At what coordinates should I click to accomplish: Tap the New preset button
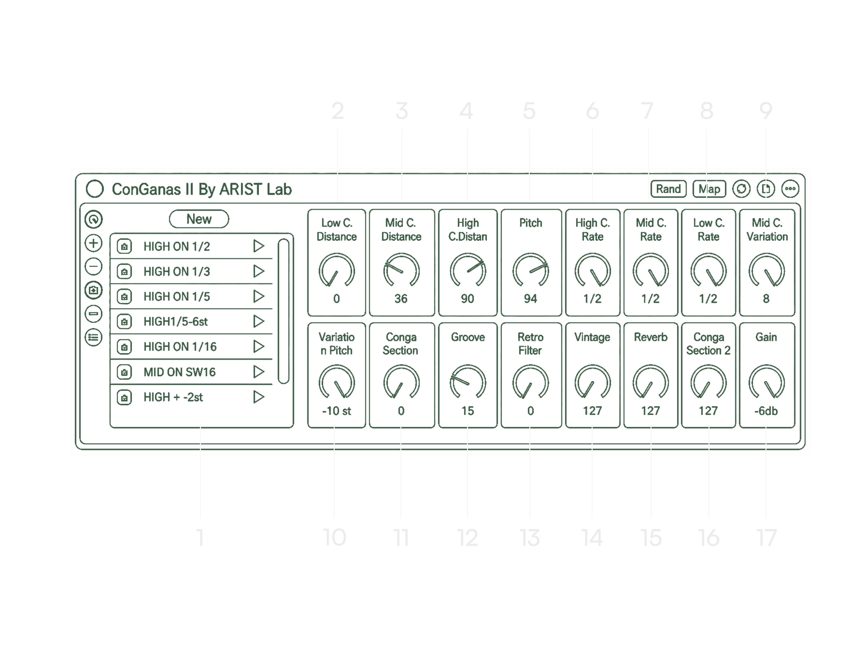[x=199, y=219]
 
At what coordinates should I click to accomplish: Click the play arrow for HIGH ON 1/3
[x=259, y=271]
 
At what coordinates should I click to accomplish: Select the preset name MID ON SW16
[x=180, y=372]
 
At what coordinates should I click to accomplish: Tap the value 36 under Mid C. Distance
[x=401, y=299]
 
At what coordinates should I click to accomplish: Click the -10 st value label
[x=337, y=411]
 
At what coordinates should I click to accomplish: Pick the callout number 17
[x=767, y=537]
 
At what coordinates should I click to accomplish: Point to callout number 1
[x=200, y=537]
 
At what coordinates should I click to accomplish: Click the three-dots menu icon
[x=790, y=189]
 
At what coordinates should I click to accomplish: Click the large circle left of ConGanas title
[x=95, y=189]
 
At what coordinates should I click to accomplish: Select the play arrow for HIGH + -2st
[x=259, y=397]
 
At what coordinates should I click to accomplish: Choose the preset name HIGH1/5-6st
[x=175, y=321]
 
